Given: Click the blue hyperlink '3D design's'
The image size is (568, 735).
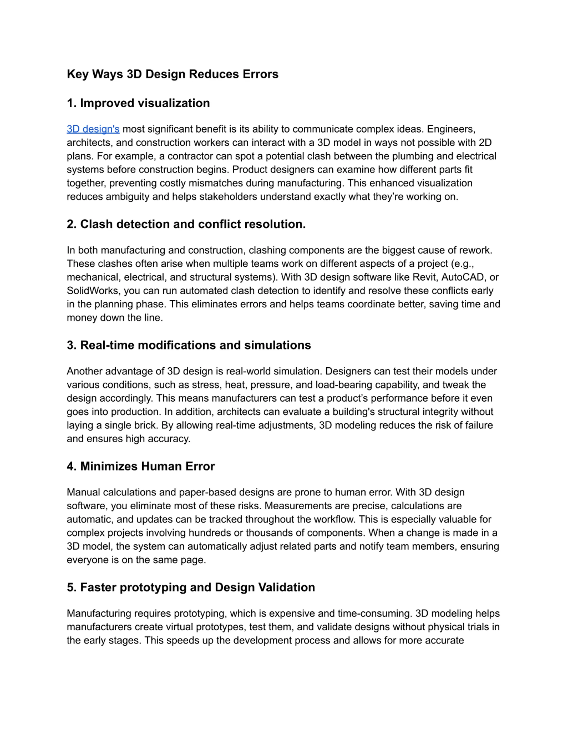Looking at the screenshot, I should tap(93, 129).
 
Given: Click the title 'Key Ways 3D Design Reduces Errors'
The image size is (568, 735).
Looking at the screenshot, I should tap(172, 74).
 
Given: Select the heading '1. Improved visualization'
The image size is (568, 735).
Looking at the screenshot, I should tap(138, 103).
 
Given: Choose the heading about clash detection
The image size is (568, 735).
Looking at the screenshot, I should tap(186, 224).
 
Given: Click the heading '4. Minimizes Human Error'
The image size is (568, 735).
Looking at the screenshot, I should tap(141, 466).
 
